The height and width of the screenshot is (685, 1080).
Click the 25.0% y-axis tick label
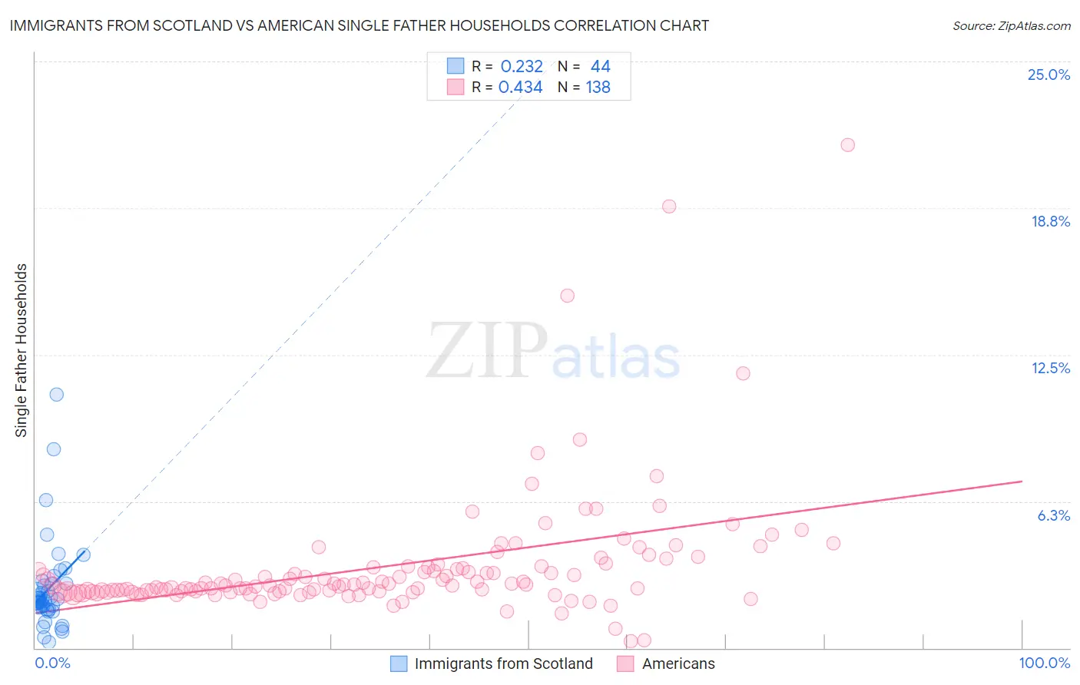[x=1049, y=74]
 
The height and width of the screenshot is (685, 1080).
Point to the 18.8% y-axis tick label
[x=1050, y=221]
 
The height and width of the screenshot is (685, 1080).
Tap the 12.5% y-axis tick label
[x=1050, y=368]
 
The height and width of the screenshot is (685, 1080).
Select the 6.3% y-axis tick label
[x=1053, y=515]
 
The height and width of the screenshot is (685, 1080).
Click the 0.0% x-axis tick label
[x=52, y=663]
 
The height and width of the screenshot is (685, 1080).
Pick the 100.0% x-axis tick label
[x=1044, y=663]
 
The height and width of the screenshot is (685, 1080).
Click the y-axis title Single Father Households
[x=22, y=350]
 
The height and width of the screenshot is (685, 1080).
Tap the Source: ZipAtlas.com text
[x=1011, y=25]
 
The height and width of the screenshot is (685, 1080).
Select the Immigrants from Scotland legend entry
[x=492, y=663]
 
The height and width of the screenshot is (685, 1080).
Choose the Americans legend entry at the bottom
[x=666, y=663]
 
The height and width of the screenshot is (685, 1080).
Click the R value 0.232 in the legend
[x=522, y=67]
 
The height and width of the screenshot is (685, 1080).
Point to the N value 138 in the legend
[x=598, y=88]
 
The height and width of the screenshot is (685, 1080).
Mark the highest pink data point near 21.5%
[x=847, y=144]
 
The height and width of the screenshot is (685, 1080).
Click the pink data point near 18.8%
[x=669, y=206]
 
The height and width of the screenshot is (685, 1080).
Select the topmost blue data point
[x=56, y=394]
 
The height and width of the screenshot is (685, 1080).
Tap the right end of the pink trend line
[x=1022, y=481]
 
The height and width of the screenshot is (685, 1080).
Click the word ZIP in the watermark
[x=486, y=351]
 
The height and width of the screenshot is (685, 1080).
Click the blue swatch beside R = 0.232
[x=456, y=66]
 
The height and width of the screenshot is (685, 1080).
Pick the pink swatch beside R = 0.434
[x=456, y=87]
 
